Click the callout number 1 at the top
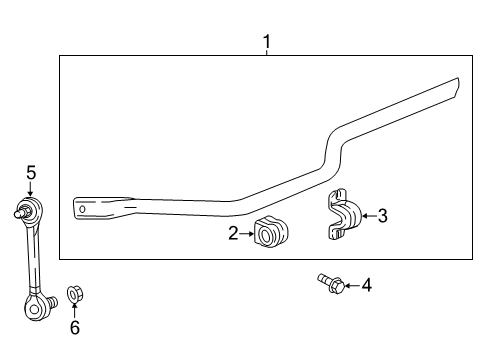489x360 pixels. (266, 41)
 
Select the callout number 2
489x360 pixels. (233, 234)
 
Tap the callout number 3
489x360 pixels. (383, 214)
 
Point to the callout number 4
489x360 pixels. (367, 286)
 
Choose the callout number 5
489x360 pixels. (31, 173)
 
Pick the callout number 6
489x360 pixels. (74, 327)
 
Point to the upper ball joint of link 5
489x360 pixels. (30, 210)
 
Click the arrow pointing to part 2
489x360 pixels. (248, 234)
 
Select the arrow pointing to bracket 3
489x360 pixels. (366, 214)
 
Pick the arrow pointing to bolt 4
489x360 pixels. (351, 286)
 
